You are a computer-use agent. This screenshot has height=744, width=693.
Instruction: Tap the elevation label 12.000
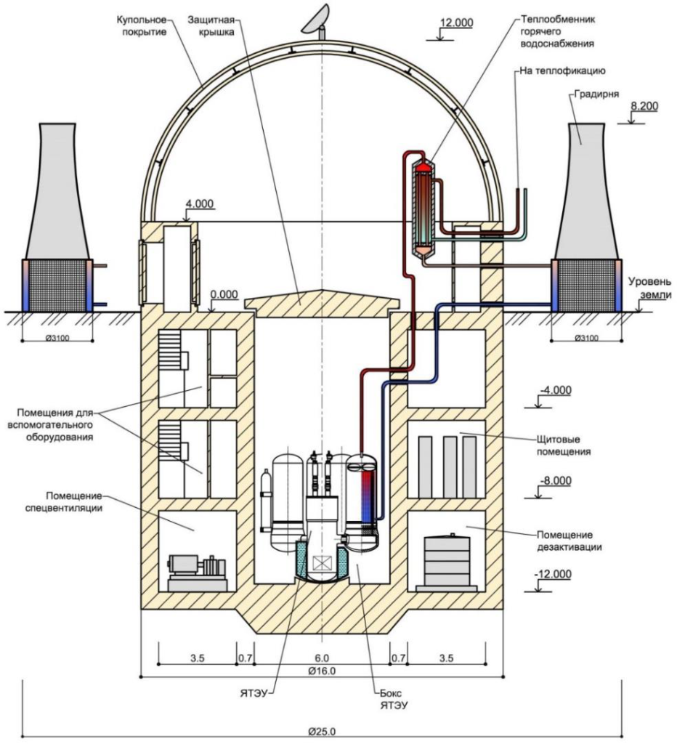[456, 23]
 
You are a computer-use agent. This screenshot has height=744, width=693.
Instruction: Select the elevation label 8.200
[644, 106]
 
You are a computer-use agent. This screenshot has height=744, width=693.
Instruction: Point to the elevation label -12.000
[553, 574]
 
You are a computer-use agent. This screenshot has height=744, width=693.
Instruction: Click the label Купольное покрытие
[142, 26]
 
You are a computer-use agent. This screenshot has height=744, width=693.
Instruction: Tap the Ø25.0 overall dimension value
[322, 731]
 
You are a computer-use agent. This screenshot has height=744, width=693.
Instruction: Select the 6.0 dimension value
[322, 658]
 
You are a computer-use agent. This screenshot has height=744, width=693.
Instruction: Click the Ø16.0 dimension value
[322, 671]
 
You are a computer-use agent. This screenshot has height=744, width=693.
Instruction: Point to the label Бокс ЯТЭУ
[394, 699]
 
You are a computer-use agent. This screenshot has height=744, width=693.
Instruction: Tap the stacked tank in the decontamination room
[446, 562]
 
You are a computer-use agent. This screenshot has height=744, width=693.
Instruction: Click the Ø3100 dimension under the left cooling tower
[57, 339]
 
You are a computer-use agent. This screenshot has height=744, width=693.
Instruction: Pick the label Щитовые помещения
[564, 445]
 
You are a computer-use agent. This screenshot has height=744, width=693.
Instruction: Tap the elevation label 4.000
[199, 203]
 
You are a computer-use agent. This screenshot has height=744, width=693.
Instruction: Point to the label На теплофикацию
[562, 70]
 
